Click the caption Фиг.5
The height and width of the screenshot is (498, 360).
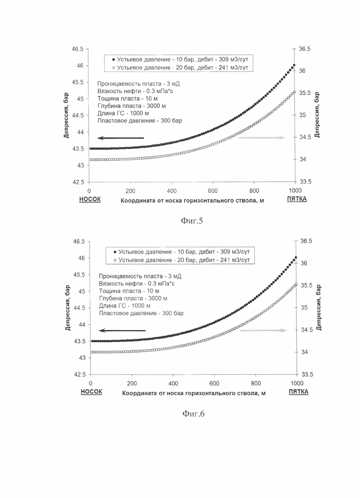click(x=192, y=221)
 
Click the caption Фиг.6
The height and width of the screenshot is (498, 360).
click(x=193, y=414)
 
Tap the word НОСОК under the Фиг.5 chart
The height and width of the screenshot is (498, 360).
click(x=90, y=199)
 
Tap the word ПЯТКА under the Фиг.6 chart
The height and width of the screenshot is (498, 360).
click(x=298, y=391)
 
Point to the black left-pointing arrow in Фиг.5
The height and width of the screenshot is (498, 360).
click(x=121, y=138)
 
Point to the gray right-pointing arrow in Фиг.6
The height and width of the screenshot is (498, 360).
click(x=264, y=330)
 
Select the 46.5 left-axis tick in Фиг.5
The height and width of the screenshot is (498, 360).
click(x=78, y=49)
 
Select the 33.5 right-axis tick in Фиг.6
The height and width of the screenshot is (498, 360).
click(x=307, y=374)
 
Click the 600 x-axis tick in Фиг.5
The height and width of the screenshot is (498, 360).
click(x=213, y=191)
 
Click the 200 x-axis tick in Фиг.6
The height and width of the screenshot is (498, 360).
click(x=132, y=384)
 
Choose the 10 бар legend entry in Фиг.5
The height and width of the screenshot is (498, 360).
click(x=180, y=60)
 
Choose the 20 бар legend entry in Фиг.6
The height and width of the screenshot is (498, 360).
click(x=181, y=260)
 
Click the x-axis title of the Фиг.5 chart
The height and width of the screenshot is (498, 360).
click(x=192, y=200)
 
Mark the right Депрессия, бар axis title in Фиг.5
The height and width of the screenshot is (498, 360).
click(x=317, y=115)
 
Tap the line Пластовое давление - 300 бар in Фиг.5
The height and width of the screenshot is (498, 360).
click(x=140, y=120)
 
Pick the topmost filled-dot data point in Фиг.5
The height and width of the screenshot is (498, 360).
click(x=294, y=65)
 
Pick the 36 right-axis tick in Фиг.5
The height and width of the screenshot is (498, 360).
click(x=302, y=71)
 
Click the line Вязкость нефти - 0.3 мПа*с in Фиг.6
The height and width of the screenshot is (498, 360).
click(x=137, y=284)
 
